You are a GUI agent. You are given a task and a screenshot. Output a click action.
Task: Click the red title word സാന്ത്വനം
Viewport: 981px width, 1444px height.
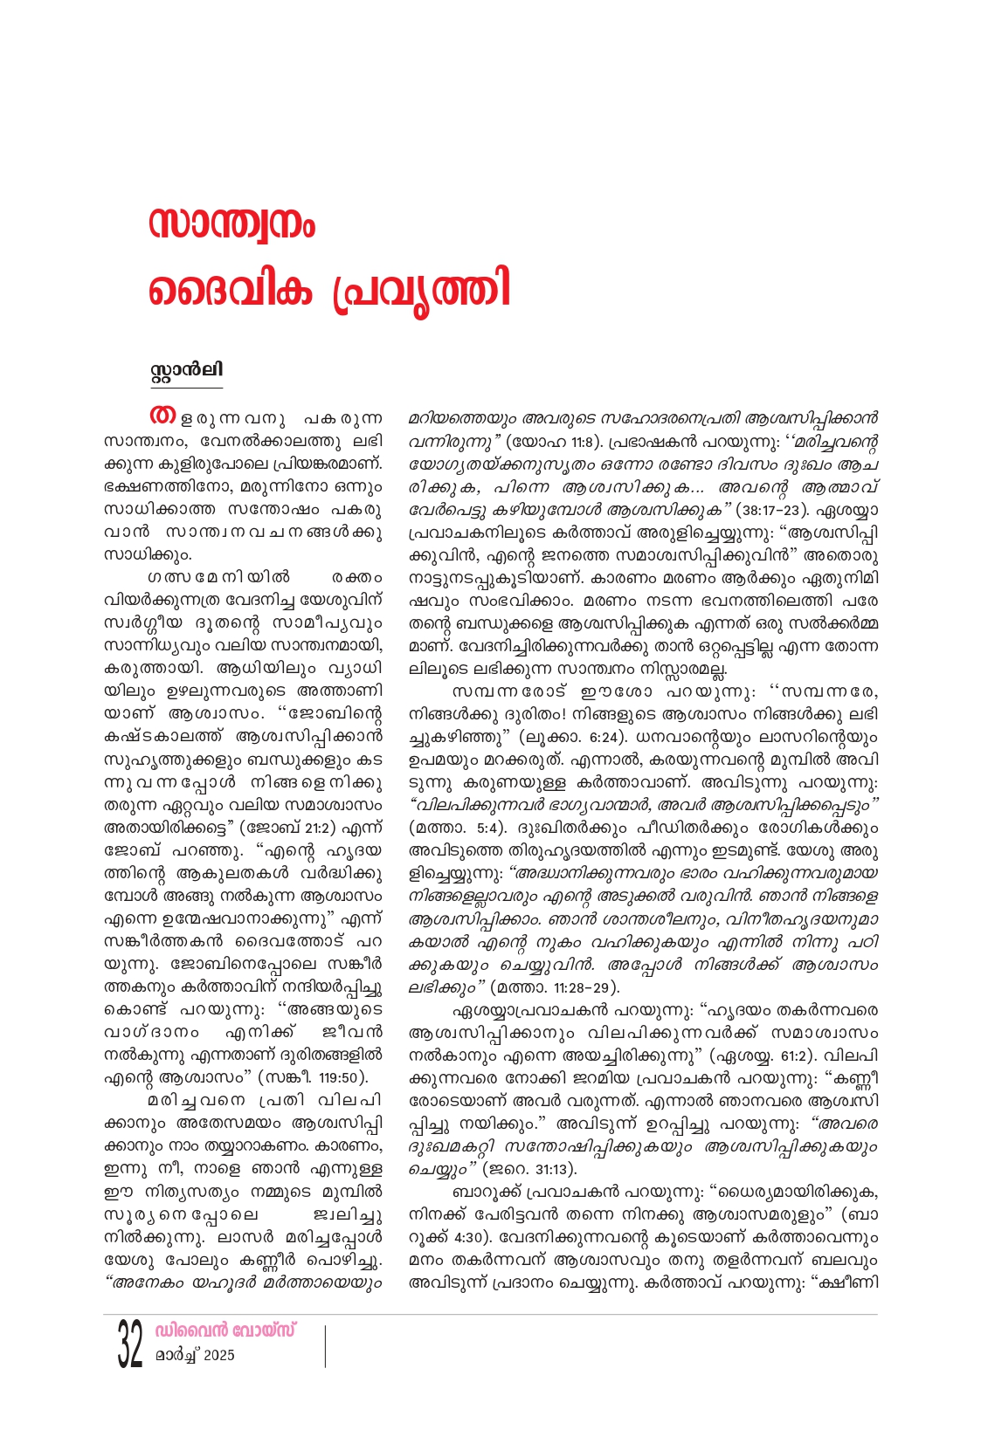231,226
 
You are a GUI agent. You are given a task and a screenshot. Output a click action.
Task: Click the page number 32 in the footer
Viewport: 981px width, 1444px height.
129,1345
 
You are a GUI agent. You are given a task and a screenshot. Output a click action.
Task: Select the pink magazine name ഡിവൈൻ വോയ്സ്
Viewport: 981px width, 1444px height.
225,1331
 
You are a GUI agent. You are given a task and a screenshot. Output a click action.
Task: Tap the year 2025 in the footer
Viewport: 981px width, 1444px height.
218,1356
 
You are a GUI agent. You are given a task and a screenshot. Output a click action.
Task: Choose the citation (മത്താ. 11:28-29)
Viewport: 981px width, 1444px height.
555,987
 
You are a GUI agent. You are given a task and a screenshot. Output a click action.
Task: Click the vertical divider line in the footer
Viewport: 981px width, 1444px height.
324,1345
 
